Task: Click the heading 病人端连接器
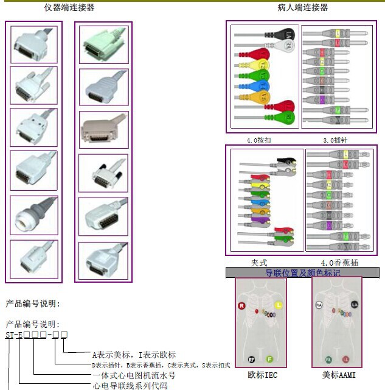(303, 8)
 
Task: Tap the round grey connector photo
(34, 215)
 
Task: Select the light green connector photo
(102, 44)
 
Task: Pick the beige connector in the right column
(102, 131)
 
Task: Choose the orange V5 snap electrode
(263, 96)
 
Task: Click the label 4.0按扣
(259, 141)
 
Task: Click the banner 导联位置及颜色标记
(302, 273)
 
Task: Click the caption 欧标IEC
(263, 376)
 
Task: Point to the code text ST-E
(14, 335)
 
